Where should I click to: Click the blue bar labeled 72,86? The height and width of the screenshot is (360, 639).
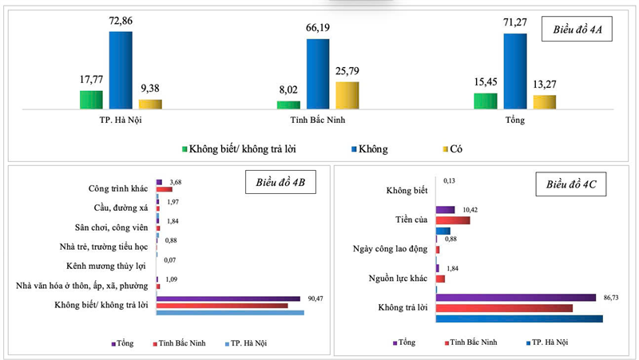(121, 70)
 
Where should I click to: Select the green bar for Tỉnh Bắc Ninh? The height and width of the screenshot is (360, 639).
(288, 105)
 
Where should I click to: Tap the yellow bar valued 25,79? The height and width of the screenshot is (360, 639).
(347, 95)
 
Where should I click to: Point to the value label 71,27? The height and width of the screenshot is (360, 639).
(515, 22)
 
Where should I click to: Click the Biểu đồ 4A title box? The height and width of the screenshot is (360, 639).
(577, 29)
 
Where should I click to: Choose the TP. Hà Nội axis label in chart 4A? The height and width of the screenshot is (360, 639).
(121, 121)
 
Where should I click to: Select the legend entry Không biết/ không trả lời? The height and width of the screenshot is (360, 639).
(239, 149)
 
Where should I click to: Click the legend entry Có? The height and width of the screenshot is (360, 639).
(453, 149)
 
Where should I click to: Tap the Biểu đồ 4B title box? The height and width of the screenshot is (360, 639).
(280, 182)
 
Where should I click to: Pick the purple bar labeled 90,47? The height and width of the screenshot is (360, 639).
(228, 299)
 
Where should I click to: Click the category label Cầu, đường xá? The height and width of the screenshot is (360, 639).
(121, 208)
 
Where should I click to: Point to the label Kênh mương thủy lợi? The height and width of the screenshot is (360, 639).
(106, 266)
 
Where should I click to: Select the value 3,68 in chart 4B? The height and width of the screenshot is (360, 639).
(176, 182)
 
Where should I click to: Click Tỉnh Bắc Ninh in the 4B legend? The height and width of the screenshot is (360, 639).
(179, 343)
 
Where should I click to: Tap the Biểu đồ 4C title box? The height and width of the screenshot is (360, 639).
(570, 184)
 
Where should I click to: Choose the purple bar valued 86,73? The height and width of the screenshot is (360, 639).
(515, 298)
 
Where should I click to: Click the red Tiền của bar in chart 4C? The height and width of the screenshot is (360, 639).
(453, 220)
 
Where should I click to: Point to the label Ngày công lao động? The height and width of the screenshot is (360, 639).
(390, 249)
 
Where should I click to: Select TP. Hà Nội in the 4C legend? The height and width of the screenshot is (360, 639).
(547, 342)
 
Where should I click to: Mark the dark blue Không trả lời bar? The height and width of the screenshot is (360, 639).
(519, 318)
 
